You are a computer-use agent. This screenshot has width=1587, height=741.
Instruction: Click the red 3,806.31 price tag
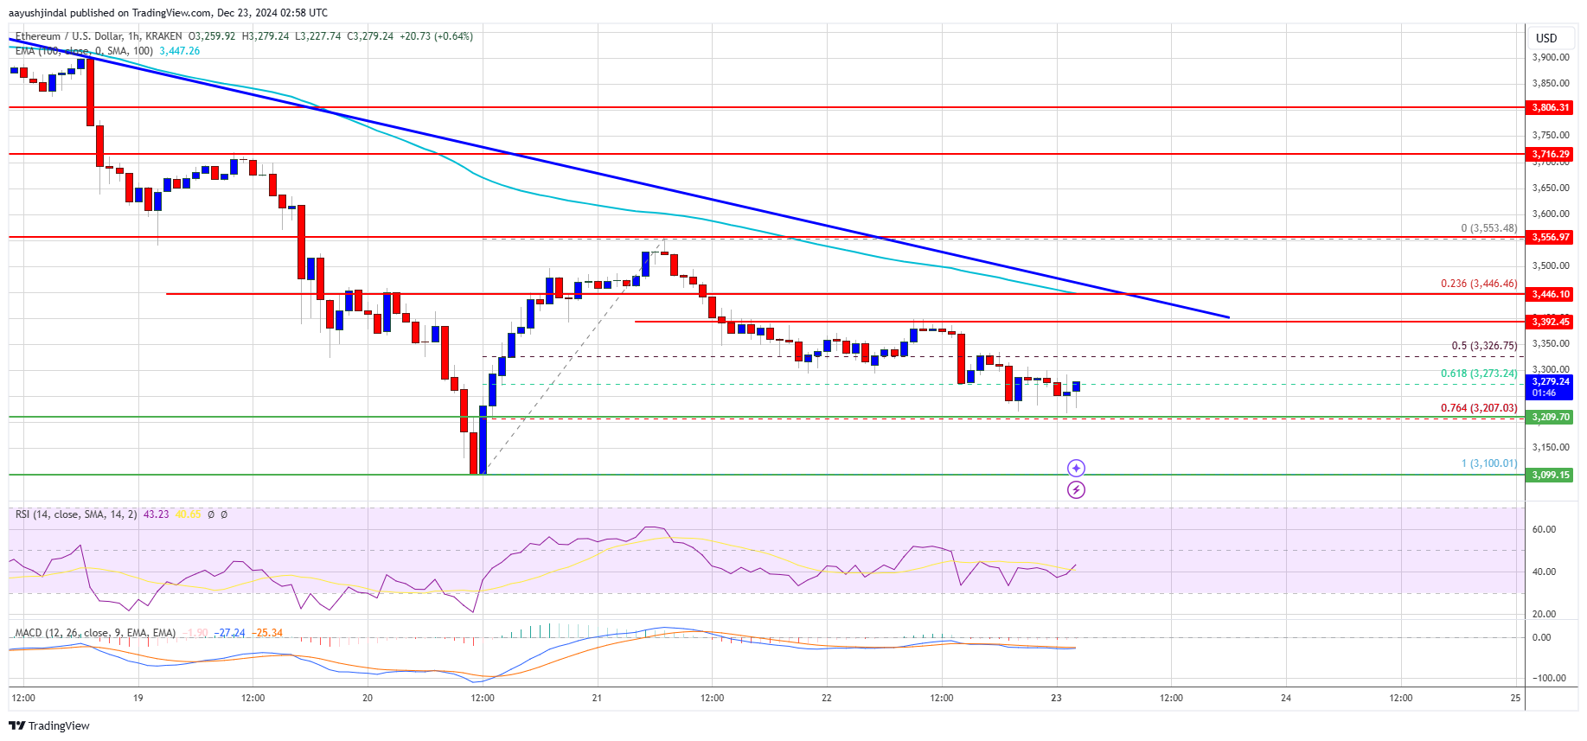click(1550, 107)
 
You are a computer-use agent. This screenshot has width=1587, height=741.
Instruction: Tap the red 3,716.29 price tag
click(1550, 154)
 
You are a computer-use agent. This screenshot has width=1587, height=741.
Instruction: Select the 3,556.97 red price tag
click(1550, 237)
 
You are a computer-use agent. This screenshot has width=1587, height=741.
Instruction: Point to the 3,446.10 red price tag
click(1550, 294)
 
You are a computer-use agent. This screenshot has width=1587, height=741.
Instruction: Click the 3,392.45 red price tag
click(1550, 322)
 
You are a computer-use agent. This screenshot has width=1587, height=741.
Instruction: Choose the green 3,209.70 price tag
click(1550, 417)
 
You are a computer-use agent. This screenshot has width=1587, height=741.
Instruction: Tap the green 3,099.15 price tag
click(1550, 475)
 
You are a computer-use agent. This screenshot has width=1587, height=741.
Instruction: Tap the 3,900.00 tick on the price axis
click(1550, 57)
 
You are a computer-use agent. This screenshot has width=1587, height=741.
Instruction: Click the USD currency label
click(1546, 38)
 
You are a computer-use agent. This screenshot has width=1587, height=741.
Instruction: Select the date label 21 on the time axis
click(597, 698)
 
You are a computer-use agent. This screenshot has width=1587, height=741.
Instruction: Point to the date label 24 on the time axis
click(1286, 698)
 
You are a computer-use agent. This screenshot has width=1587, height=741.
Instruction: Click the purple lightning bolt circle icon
click(1076, 490)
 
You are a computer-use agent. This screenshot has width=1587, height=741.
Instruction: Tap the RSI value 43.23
click(156, 514)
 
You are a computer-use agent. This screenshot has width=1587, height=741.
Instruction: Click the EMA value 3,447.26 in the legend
click(179, 51)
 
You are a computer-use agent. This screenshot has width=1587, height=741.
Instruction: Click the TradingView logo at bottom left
click(50, 725)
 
